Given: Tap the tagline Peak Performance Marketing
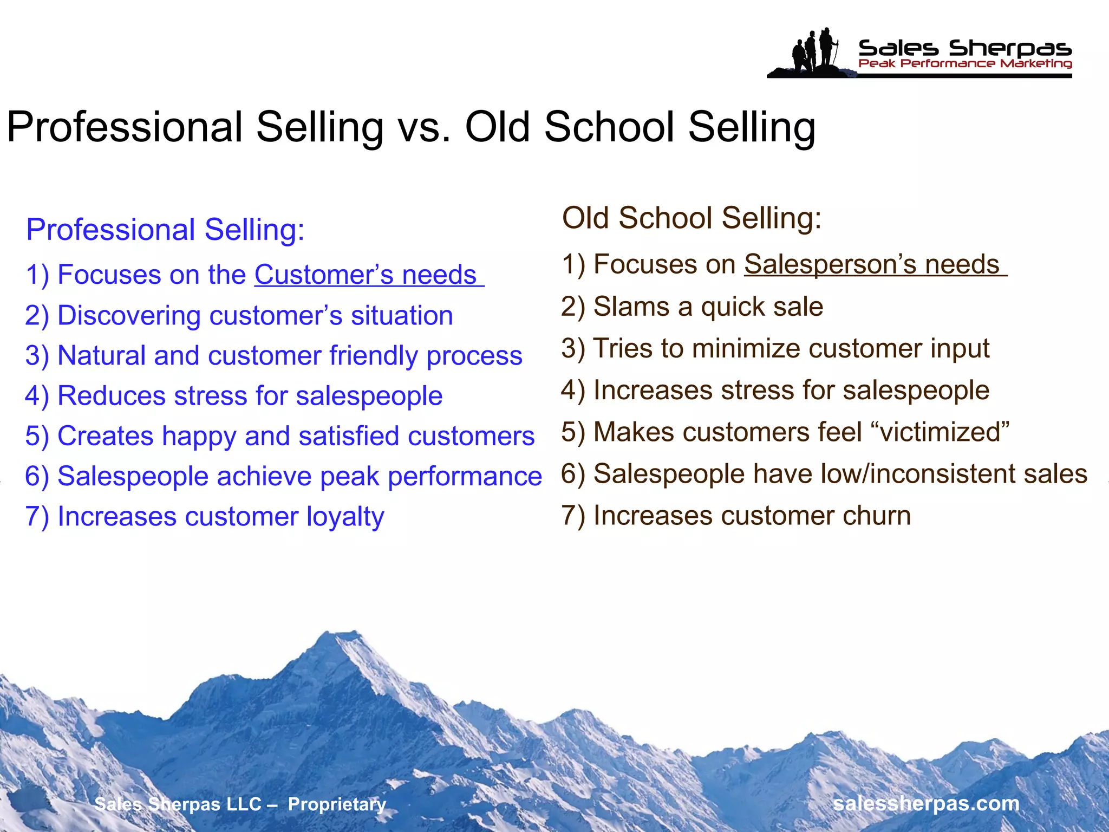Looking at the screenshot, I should click(x=965, y=64).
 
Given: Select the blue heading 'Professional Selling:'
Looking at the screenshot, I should click(x=165, y=229).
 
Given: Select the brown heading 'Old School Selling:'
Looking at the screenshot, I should click(x=692, y=218).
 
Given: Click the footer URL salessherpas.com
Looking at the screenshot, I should click(x=926, y=803).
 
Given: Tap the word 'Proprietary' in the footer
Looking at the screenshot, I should click(x=337, y=804).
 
